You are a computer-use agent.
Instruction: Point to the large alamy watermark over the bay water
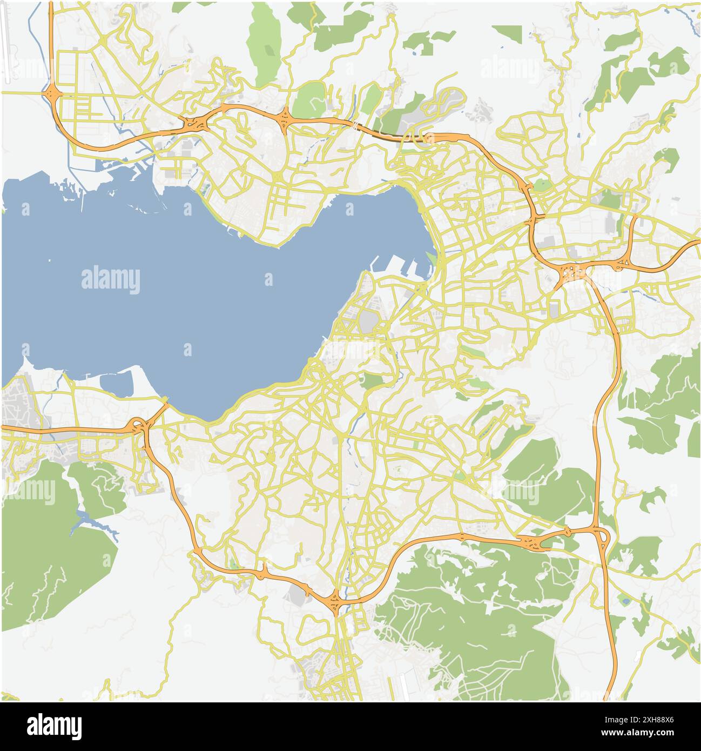click(x=111, y=280)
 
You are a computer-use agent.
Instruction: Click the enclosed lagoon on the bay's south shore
click(x=117, y=383)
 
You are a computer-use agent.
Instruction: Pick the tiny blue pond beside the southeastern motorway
click(x=625, y=600)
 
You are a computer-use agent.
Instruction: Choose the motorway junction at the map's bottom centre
click(x=334, y=600)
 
